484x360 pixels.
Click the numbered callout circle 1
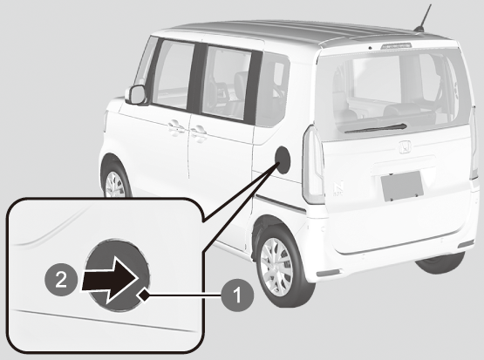[237, 295]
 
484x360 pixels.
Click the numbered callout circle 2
[61, 281]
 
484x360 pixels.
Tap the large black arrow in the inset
[110, 280]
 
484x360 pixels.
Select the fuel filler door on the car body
[283, 160]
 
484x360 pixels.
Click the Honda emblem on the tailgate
[406, 147]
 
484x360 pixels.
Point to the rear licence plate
[402, 186]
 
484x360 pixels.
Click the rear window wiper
[375, 128]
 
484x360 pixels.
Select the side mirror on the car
[136, 95]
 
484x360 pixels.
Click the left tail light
[313, 165]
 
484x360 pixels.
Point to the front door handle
[176, 126]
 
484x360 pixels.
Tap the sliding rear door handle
[198, 133]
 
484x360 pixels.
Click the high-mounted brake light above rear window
[397, 45]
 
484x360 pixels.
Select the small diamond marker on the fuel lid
[143, 295]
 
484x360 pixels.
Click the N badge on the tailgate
[338, 189]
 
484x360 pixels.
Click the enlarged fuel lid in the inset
[118, 275]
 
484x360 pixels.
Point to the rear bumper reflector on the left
[328, 273]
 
